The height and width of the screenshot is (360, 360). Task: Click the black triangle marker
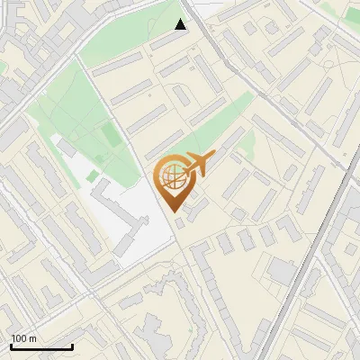coord(181,24)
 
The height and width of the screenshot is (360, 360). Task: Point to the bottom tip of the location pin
coord(173,213)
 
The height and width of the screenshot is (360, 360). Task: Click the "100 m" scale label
coord(23,338)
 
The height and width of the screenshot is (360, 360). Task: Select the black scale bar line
coord(41,347)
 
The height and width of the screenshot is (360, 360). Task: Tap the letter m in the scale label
coord(32,338)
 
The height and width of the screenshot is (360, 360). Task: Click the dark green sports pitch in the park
coord(110,136)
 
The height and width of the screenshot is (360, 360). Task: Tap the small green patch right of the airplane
coord(245,142)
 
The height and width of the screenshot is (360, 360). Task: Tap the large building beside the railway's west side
coord(281,270)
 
